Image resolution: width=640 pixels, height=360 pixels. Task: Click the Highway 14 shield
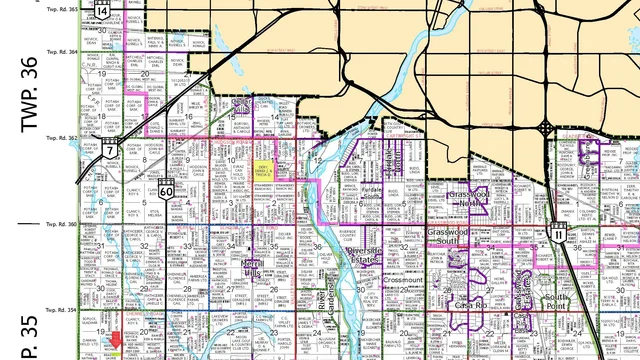(102, 10)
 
